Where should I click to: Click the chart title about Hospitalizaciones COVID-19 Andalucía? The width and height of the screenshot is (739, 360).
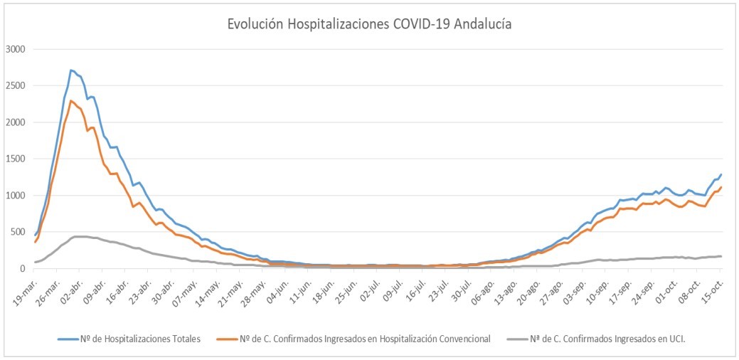pyautogui.click(x=369, y=24)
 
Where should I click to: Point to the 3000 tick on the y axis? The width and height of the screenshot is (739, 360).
pyautogui.click(x=15, y=49)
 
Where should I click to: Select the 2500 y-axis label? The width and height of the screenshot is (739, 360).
pyautogui.click(x=15, y=85)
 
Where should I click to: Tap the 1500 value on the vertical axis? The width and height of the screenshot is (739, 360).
pyautogui.click(x=15, y=159)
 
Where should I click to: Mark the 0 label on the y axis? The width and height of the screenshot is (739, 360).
pyautogui.click(x=23, y=268)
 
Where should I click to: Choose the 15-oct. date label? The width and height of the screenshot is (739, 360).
pyautogui.click(x=711, y=287)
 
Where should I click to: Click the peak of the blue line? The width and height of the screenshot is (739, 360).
pyautogui.click(x=71, y=70)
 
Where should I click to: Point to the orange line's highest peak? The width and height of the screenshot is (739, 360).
pyautogui.click(x=71, y=100)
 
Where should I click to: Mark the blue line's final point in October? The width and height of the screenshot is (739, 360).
pyautogui.click(x=721, y=174)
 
